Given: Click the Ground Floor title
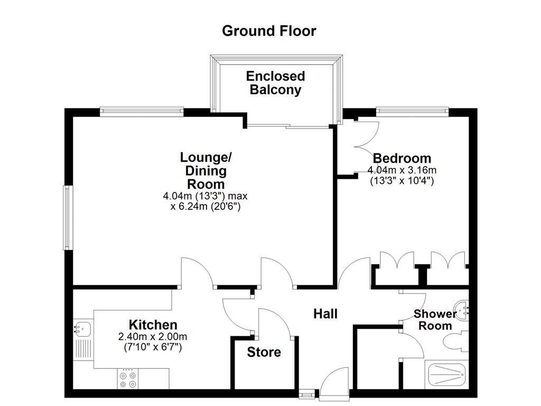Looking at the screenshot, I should click(269, 31).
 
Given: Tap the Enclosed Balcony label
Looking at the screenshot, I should click(275, 83).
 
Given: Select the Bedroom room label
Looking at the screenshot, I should click(402, 158).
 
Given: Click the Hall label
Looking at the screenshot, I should click(325, 313).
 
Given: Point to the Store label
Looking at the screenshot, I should click(264, 352).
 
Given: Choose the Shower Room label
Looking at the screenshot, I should click(435, 320).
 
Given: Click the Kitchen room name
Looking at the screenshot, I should click(153, 325).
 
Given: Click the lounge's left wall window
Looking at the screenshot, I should click(68, 217).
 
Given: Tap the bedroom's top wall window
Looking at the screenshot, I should click(412, 111).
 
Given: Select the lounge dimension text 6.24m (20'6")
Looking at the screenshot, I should click(205, 207).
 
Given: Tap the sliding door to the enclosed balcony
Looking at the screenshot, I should click(288, 126).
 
